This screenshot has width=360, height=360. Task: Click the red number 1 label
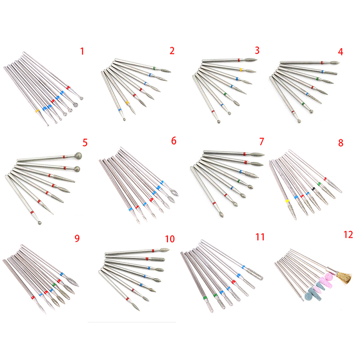pyautogui.click(x=82, y=51)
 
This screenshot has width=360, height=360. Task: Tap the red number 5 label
pyautogui.click(x=85, y=143)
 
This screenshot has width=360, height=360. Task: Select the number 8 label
pyautogui.click(x=341, y=143)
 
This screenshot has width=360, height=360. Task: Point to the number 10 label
pyautogui.click(x=170, y=239)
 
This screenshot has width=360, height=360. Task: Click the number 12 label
pyautogui.click(x=348, y=234)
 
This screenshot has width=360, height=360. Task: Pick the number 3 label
pyautogui.click(x=257, y=50)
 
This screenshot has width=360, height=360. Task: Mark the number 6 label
pyautogui.click(x=174, y=141)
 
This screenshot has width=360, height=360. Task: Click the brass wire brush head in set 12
pyautogui.click(x=344, y=277)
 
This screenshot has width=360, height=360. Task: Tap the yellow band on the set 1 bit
pyautogui.click(x=37, y=111)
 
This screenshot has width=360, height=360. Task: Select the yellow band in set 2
pyautogui.click(x=127, y=103)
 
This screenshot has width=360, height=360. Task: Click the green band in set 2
pyautogui.click(x=154, y=68)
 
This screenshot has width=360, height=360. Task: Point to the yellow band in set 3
pyautogui.click(x=241, y=70)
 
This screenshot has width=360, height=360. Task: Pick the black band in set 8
pyautogui.click(x=313, y=189)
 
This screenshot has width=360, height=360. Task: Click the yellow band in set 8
pyautogui.click(x=287, y=201)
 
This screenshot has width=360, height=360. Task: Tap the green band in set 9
pyautogui.click(x=54, y=285)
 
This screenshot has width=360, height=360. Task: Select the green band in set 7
pyautogui.click(x=239, y=181)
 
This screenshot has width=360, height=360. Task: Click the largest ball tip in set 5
pyautogui.click(x=78, y=155)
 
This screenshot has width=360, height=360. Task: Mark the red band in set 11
pyautogui.click(x=233, y=282)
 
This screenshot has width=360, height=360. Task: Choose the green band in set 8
pyautogui.click(x=319, y=184)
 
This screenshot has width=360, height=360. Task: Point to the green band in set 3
pyautogui.click(x=225, y=94)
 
